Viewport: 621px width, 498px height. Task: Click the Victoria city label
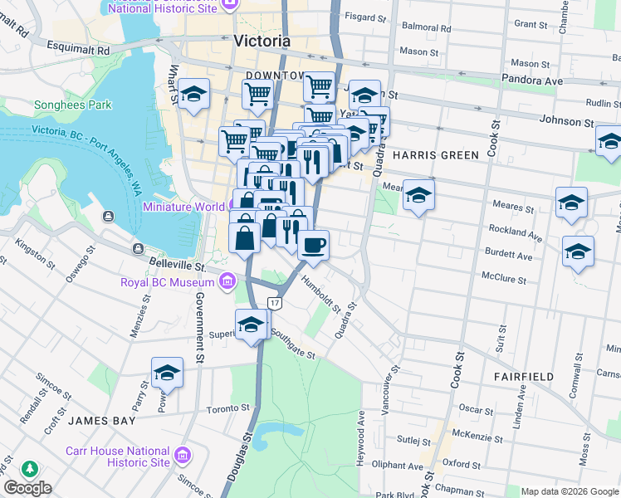(x=262, y=41)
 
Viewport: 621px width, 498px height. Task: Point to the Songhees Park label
(x=72, y=105)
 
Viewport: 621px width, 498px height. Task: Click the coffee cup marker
(x=313, y=246)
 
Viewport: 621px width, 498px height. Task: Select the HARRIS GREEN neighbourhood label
(x=435, y=155)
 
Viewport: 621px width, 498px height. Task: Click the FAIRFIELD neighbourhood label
(x=523, y=376)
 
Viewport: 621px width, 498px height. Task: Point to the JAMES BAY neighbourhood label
(x=101, y=421)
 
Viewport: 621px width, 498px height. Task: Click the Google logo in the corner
(x=27, y=488)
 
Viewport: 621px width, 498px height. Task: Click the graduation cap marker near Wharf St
(x=193, y=97)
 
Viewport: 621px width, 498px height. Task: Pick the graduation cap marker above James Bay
(x=167, y=373)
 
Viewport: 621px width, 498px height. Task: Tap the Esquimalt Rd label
(x=80, y=50)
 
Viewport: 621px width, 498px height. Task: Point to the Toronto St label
(x=228, y=408)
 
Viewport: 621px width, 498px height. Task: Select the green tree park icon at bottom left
(x=30, y=469)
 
